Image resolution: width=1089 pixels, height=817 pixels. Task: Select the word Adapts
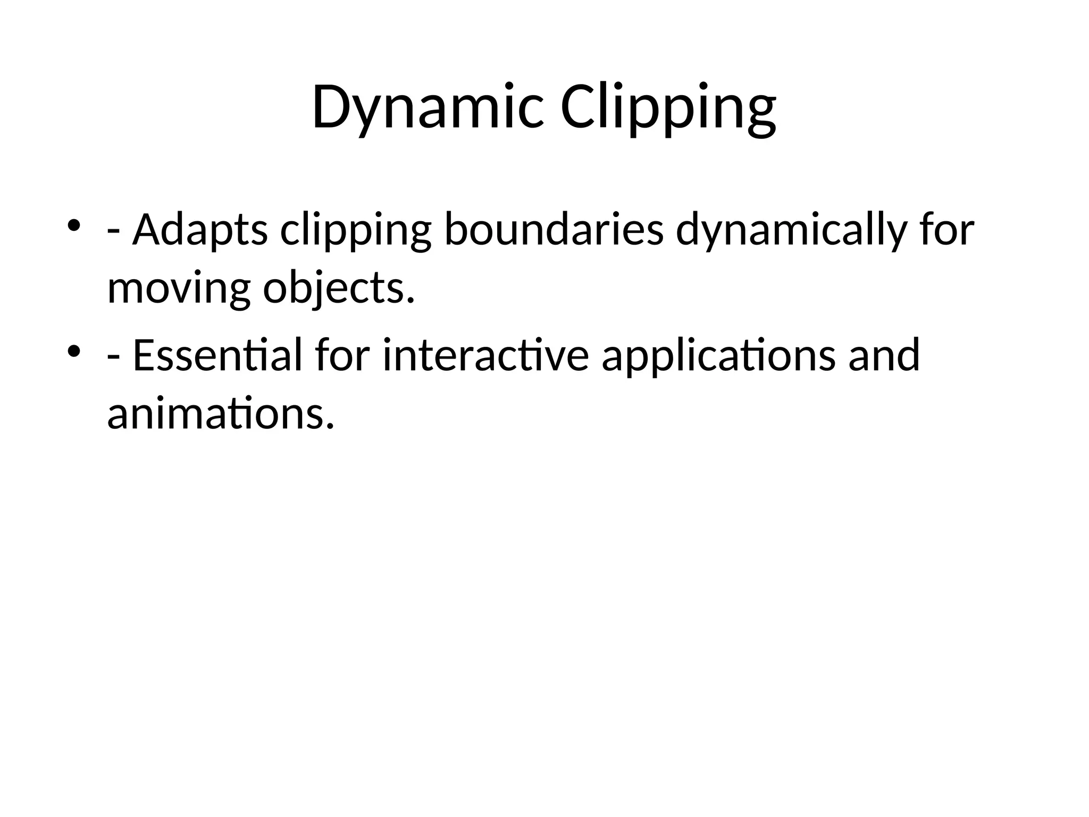pyautogui.click(x=200, y=231)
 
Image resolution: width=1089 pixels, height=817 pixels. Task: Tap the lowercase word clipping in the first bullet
pyautogui.click(x=355, y=231)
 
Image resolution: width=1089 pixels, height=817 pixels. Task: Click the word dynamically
pyautogui.click(x=790, y=231)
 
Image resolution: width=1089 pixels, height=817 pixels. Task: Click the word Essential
pyautogui.click(x=217, y=355)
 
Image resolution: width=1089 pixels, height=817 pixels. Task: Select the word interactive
pyautogui.click(x=485, y=355)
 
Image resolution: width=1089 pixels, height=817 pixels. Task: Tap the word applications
pyautogui.click(x=718, y=355)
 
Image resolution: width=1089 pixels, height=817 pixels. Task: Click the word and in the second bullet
pyautogui.click(x=884, y=355)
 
